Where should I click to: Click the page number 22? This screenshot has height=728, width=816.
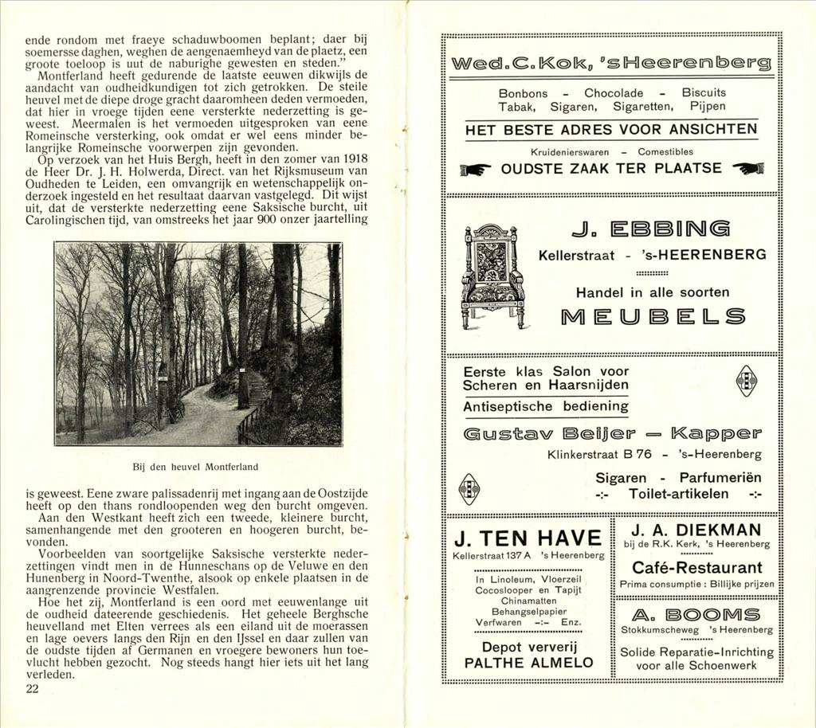[x=32, y=689]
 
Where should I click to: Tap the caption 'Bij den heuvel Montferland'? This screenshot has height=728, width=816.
[x=195, y=466]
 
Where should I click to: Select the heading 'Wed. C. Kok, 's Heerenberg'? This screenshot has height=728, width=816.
[x=611, y=64]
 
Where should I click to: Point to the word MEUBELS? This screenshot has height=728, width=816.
[x=653, y=317]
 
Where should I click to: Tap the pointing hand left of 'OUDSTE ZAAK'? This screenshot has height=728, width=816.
[x=476, y=169]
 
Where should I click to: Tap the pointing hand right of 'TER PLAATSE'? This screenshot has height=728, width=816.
[x=747, y=168]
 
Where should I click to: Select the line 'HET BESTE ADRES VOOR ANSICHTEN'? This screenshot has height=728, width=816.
[x=611, y=130]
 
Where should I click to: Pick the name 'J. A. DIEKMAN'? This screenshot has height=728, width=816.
[x=696, y=530]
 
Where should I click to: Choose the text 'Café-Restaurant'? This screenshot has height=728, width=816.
[x=696, y=568]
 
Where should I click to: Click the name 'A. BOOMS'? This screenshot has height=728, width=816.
[x=696, y=614]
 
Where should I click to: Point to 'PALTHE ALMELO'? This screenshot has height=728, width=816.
[x=528, y=663]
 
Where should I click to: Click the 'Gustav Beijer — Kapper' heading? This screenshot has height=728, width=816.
[x=611, y=435]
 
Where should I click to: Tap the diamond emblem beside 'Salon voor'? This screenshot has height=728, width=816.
[x=746, y=380]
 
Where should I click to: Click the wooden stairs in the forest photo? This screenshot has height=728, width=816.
[x=257, y=390]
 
